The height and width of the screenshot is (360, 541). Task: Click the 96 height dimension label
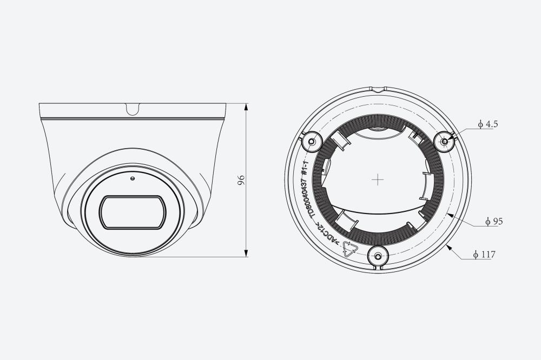241,179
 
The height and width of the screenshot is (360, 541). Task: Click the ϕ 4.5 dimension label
488,124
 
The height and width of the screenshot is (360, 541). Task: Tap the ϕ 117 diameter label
484,255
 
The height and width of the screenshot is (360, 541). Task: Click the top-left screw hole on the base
312,142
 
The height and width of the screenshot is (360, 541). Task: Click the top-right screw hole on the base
444,142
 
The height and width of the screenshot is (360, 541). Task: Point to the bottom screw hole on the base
378,257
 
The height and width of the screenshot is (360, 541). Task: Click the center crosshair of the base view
378,179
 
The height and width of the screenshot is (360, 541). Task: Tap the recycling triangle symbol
350,249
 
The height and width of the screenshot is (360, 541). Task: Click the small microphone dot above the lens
132,178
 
